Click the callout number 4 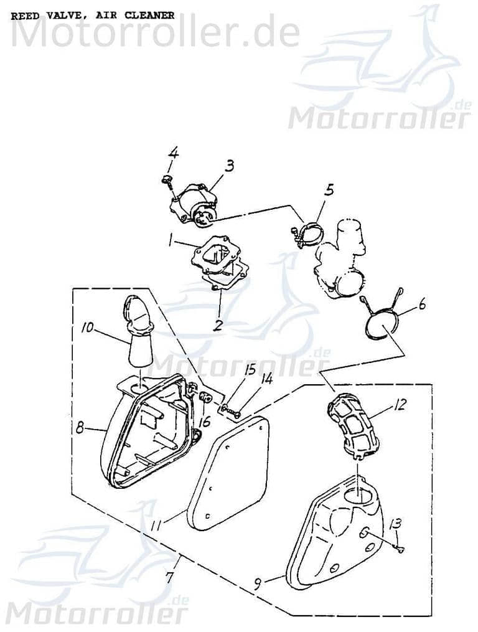pos(174,152)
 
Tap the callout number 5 pos(329,189)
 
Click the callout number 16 pos(204,422)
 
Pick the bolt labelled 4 pos(166,181)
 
